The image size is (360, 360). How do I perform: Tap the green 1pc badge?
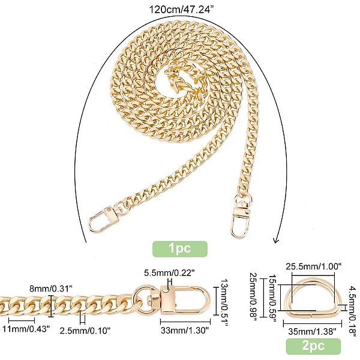[x=180, y=249]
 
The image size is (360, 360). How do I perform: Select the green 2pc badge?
[x=313, y=346]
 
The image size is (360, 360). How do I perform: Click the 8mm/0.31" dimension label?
[x=51, y=289]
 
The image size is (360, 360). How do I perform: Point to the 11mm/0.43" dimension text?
[x=26, y=329]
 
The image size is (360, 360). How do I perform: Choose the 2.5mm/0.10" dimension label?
[x=85, y=331]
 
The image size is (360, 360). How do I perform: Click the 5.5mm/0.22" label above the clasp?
[x=169, y=273]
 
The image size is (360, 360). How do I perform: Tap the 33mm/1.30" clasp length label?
[x=185, y=331]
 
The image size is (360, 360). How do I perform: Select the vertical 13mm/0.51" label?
[x=224, y=303]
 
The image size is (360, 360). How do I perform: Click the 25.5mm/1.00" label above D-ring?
[x=314, y=266]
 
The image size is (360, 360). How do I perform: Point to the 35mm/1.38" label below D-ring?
[x=312, y=331]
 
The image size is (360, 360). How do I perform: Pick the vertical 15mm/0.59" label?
[x=272, y=298]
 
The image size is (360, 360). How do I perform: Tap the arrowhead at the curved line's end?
[x=276, y=241]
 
